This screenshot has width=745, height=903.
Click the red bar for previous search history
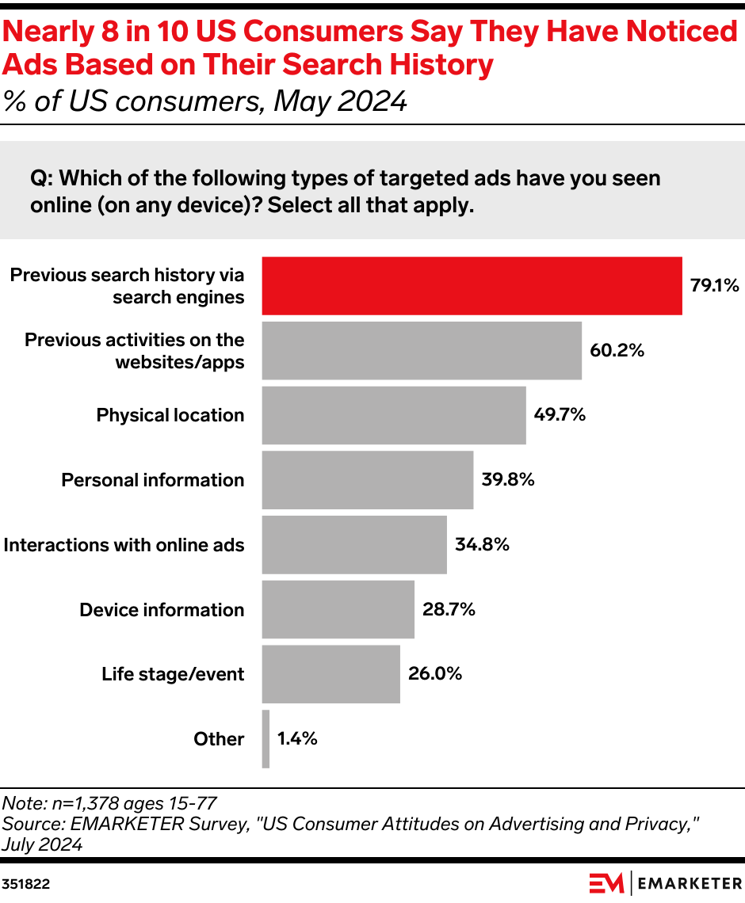tap(472, 286)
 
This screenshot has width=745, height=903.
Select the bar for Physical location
tap(394, 415)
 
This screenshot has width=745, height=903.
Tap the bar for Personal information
tap(368, 480)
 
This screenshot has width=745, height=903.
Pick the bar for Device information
tap(338, 609)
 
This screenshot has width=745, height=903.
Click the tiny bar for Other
tap(266, 739)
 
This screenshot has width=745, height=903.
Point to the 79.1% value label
tap(714, 286)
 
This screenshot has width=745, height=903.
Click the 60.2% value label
tap(617, 350)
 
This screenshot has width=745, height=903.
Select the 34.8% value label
tap(482, 545)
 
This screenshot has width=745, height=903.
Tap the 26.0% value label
tap(435, 674)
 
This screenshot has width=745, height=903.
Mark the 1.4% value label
tap(297, 739)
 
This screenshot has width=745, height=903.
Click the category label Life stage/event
tap(173, 675)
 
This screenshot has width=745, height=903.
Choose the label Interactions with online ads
tap(124, 545)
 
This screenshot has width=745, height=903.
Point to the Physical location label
tap(170, 416)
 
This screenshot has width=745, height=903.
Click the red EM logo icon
tap(606, 882)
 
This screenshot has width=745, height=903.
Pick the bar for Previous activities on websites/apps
tap(422, 350)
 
